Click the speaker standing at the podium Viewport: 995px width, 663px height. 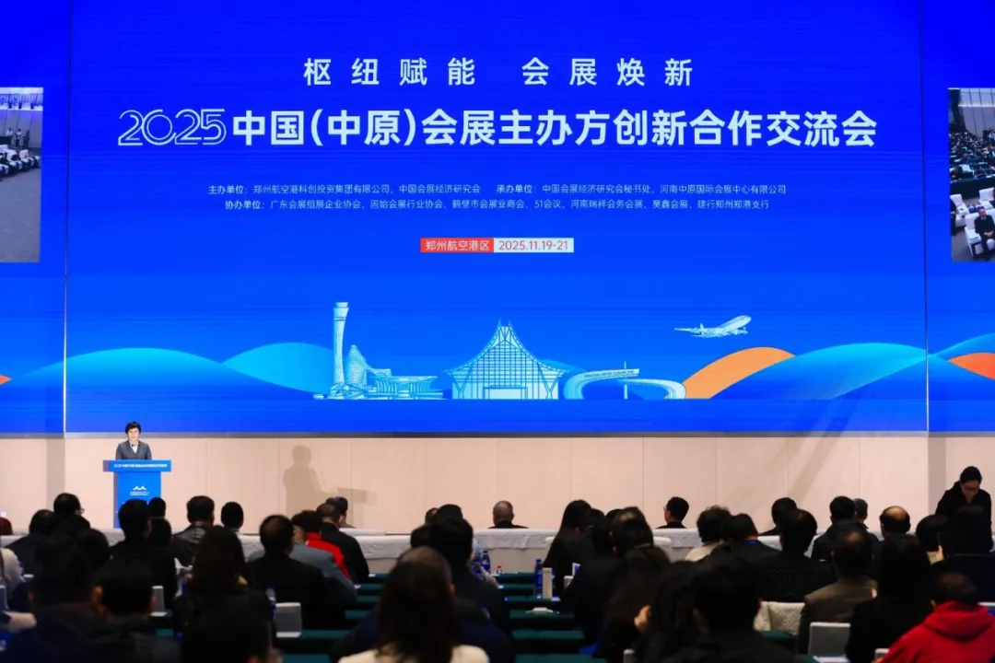(133, 443)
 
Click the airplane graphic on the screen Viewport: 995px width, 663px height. (714, 327)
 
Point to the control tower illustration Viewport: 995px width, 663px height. (341, 341)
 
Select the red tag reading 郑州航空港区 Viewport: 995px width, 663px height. (457, 245)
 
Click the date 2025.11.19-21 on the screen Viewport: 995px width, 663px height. (533, 245)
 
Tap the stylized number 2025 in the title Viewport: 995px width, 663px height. (172, 128)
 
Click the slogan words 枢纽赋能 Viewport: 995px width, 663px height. (389, 72)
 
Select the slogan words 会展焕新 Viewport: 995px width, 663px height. (606, 72)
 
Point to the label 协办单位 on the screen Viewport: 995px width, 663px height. (243, 204)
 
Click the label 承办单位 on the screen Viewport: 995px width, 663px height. (516, 190)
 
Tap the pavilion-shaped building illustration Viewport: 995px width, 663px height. (505, 365)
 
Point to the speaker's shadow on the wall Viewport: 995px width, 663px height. (302, 479)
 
